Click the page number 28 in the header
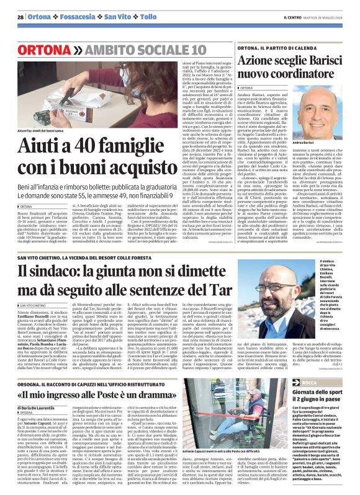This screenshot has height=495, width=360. point(20,17)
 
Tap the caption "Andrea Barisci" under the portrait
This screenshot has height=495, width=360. point(322,143)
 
